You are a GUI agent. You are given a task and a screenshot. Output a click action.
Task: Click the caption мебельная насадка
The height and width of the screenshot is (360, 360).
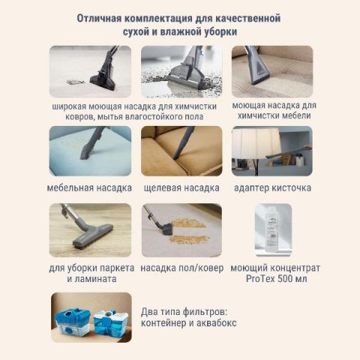tap(89, 187)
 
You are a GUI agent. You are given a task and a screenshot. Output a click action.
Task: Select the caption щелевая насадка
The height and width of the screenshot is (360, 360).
tap(181, 187)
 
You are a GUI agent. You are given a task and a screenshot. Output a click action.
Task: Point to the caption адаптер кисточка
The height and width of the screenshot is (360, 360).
tap(272, 187)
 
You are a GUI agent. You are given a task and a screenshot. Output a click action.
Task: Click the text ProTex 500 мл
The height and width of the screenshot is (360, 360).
tap(277, 278)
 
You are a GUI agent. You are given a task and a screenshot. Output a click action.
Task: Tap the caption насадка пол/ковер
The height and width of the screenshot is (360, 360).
tap(182, 268)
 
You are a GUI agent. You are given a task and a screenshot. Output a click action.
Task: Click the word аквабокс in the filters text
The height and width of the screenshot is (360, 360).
tap(216, 323)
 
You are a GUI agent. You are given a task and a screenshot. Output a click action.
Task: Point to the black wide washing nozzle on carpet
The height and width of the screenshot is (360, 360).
tap(103, 77)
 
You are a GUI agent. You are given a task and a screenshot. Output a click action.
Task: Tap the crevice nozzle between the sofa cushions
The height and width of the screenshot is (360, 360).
tap(183, 144)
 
